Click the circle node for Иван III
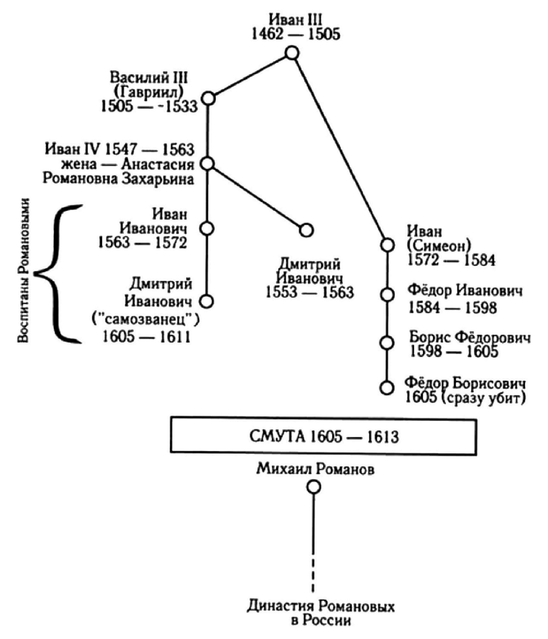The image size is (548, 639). (x=292, y=53)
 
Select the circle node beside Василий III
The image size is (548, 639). (x=209, y=99)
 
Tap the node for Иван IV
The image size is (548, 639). (x=207, y=164)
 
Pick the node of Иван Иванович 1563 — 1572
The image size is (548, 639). (x=207, y=229)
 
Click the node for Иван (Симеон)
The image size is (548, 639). (x=387, y=245)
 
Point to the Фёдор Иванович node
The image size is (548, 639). (x=387, y=295)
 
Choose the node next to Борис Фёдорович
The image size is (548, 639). (x=387, y=343)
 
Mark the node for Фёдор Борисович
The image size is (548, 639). (x=387, y=388)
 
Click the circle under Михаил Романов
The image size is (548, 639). (x=314, y=487)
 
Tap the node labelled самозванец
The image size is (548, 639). (x=207, y=301)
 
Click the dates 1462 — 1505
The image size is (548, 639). (x=296, y=34)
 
